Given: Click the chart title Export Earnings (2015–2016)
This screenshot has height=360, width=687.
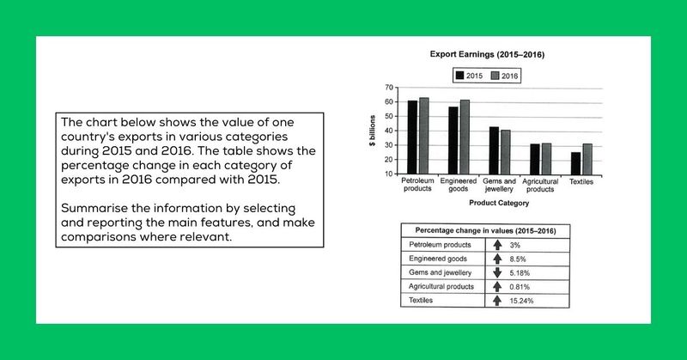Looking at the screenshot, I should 487,55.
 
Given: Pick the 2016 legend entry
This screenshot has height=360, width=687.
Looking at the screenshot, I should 505,76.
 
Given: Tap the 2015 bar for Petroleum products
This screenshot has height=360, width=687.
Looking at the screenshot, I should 412,137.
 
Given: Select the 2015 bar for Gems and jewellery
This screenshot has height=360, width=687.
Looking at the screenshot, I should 493,150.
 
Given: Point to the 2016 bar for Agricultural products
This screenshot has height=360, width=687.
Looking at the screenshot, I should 546,159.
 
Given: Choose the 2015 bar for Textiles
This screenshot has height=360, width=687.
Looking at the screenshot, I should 575,163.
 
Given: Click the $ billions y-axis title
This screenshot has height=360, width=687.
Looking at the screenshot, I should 372,129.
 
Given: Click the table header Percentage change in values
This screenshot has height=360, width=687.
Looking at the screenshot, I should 487,230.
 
